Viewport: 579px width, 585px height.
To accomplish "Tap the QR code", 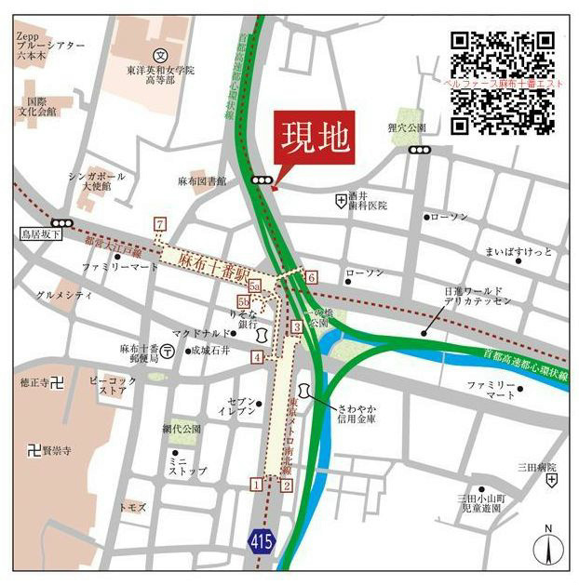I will pos(503,83).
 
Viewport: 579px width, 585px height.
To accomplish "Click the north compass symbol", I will pos(549,549).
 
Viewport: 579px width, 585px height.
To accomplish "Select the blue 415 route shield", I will pos(263,538).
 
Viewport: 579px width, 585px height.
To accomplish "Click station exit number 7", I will pos(160,224).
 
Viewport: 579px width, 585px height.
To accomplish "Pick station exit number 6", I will pos(312,277).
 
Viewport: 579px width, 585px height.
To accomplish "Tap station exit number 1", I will pos(256,484).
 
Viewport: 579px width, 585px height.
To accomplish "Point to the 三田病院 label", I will pos(537,467).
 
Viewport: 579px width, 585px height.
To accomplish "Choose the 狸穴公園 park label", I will pos(407,127).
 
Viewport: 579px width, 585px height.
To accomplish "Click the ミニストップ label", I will pos(179,466).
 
